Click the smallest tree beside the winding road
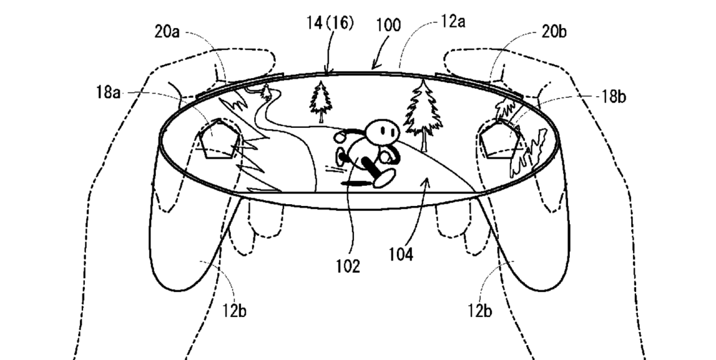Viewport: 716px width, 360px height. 266,92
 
